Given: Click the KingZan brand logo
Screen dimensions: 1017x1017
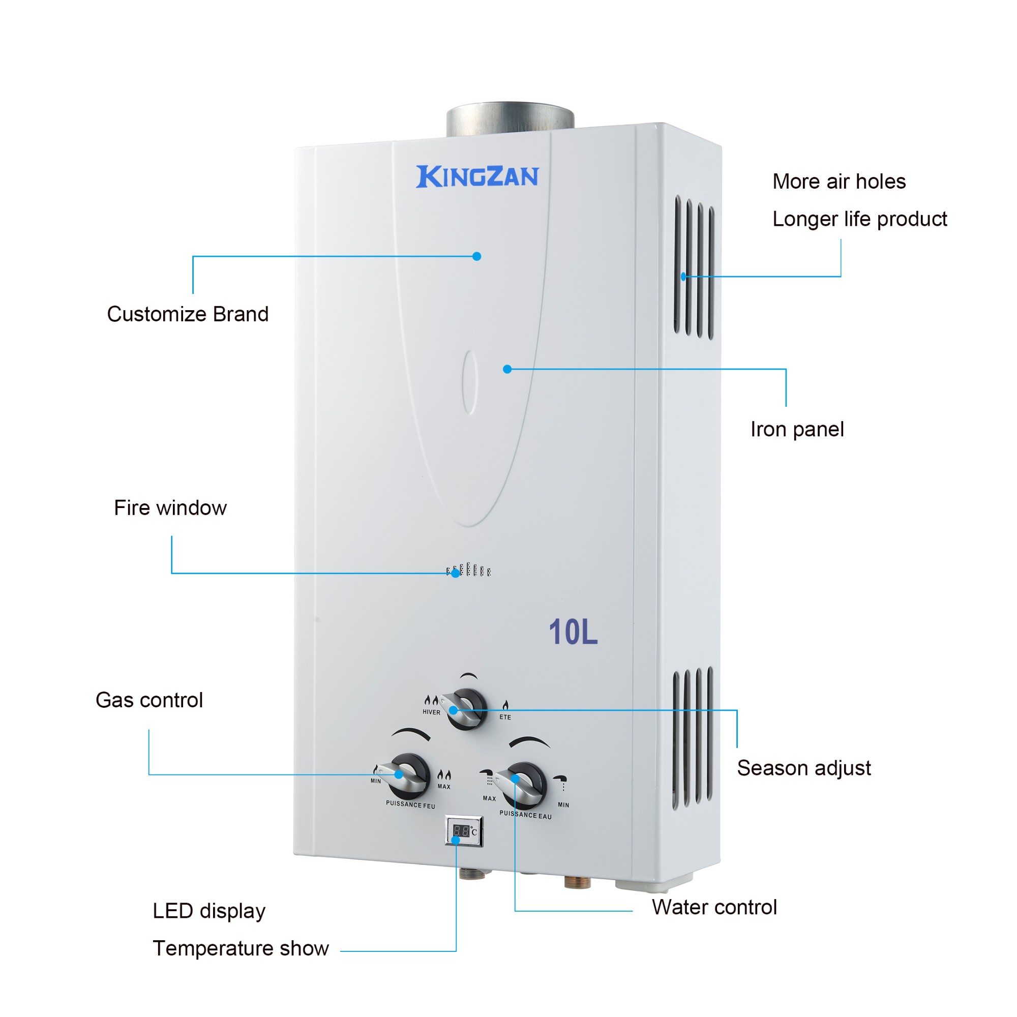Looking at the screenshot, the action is coord(477,176).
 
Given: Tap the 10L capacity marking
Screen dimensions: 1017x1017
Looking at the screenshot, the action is coord(573,632).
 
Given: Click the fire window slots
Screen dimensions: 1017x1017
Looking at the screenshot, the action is coord(468,570).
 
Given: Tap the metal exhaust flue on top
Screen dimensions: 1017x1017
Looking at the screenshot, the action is coord(510,119).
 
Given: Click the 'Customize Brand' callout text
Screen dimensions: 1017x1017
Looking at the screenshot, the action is coord(188,314).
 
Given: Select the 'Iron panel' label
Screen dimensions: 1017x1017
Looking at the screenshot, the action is coord(797,430).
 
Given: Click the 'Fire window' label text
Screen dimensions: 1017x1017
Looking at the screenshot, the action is coord(170,508).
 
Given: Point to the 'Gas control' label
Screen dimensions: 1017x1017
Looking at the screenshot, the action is coord(149,700).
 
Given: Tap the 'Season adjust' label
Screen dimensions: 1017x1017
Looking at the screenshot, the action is coord(804,768).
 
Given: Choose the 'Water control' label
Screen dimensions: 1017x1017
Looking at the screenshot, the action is coord(714,907).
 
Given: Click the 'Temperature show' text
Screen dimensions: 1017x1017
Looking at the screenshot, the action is coord(241,948).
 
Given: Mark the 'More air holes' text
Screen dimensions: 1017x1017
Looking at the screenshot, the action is coord(839,182).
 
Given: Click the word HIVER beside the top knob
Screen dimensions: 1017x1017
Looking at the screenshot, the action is coord(431,712).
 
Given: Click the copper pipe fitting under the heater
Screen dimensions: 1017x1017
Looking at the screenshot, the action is coord(577,882).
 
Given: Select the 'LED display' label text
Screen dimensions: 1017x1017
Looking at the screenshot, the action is coord(209,911).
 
